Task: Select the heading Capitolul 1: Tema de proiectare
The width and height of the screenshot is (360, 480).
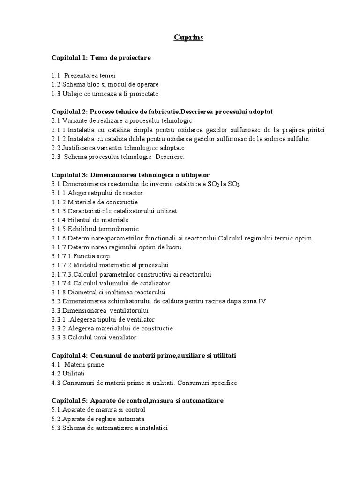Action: tap(101, 58)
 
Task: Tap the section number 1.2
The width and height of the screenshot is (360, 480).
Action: tap(56, 84)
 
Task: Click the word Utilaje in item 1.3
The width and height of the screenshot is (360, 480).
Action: tap(73, 93)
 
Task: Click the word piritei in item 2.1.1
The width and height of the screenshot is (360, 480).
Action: tap(316, 130)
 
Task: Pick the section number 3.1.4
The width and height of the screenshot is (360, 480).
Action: tap(59, 220)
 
